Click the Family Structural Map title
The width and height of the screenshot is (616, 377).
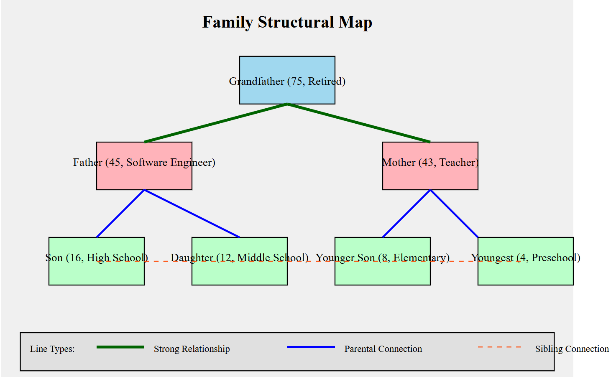click(287, 22)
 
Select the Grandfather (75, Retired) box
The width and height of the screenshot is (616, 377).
click(287, 71)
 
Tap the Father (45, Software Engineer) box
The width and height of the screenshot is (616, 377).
click(144, 178)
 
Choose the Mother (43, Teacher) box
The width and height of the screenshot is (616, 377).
click(430, 178)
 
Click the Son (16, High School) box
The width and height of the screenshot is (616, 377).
click(96, 274)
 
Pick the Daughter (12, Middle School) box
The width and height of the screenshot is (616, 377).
click(239, 274)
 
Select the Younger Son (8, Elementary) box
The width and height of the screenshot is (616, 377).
click(382, 274)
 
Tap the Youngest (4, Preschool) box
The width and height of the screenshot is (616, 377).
click(525, 274)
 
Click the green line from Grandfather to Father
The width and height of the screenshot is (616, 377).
click(216, 123)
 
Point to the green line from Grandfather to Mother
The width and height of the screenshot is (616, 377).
click(359, 123)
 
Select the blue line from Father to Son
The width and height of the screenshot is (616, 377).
click(120, 214)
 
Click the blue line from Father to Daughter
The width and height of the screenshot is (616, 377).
click(192, 214)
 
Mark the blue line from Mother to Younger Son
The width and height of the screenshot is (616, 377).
click(406, 214)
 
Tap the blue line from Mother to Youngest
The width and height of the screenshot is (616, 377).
click(454, 214)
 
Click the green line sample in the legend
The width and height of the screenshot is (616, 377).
click(120, 347)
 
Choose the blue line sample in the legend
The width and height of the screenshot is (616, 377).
click(311, 347)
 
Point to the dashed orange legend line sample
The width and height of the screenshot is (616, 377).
click(499, 347)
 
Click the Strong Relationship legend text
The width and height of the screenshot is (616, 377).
click(192, 349)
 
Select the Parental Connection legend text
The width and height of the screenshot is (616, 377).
click(383, 349)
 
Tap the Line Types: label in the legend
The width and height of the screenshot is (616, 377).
click(52, 349)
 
